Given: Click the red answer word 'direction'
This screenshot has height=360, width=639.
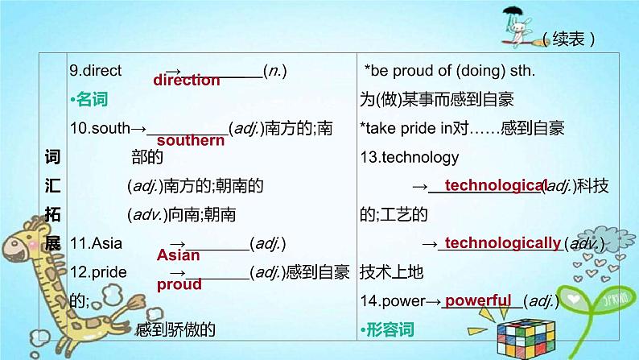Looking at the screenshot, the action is (187, 80).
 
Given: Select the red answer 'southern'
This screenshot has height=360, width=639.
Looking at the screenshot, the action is (191, 140).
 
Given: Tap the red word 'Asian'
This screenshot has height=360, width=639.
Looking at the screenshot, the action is (178, 254).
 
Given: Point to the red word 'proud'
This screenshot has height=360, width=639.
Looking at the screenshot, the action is (179, 284).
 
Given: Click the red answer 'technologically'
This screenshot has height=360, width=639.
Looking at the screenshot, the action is (503, 243).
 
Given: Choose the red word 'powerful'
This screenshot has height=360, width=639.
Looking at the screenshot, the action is (478, 300).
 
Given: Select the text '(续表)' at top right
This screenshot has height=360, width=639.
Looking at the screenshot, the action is (568, 39).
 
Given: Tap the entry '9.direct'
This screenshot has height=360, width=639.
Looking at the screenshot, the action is (95, 71).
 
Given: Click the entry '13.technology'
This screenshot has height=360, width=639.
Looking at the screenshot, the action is (409, 157).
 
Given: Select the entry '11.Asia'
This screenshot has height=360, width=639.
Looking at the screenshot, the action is (96, 243).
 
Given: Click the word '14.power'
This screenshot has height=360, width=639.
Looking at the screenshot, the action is (393, 301).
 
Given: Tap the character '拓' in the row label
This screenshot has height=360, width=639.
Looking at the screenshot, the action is (52, 214).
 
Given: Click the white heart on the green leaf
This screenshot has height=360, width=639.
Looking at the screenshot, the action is (574, 300).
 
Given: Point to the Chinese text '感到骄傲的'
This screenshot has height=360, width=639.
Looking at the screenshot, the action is (175, 329).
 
